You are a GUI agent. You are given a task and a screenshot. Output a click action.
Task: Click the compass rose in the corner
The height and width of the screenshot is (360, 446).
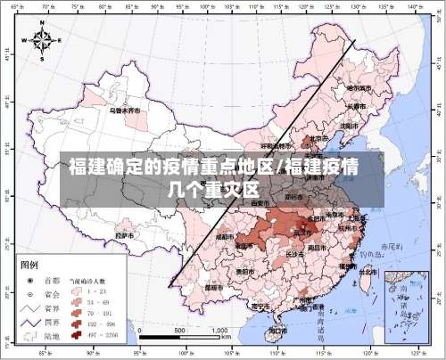pos(41,40)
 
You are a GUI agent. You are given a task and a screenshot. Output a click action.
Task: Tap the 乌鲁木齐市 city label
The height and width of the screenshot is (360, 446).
pos(125,112)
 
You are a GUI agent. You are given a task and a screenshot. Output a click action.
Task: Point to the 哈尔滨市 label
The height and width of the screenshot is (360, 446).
pos(359,88)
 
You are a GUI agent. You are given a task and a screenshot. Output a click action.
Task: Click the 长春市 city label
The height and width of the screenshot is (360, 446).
pos(356,107)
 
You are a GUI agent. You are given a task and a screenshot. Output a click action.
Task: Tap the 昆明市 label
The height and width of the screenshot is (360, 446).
pos(213,288)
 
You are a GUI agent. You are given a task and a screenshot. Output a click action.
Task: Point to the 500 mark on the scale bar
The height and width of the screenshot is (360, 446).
pos(179,330)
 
